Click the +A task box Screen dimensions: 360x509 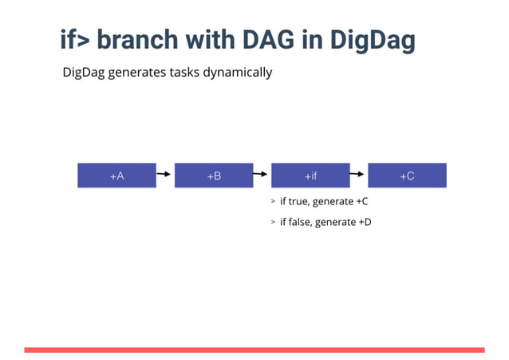(116, 176)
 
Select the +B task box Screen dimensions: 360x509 (214, 176)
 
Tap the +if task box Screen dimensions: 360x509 (311, 176)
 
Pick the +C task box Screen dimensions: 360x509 (407, 176)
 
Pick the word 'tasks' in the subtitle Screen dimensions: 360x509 (180, 73)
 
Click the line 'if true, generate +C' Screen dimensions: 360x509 (323, 201)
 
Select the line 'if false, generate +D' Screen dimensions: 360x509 (325, 222)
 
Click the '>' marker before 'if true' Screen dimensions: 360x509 (272, 202)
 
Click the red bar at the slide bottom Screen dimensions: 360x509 (254, 350)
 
